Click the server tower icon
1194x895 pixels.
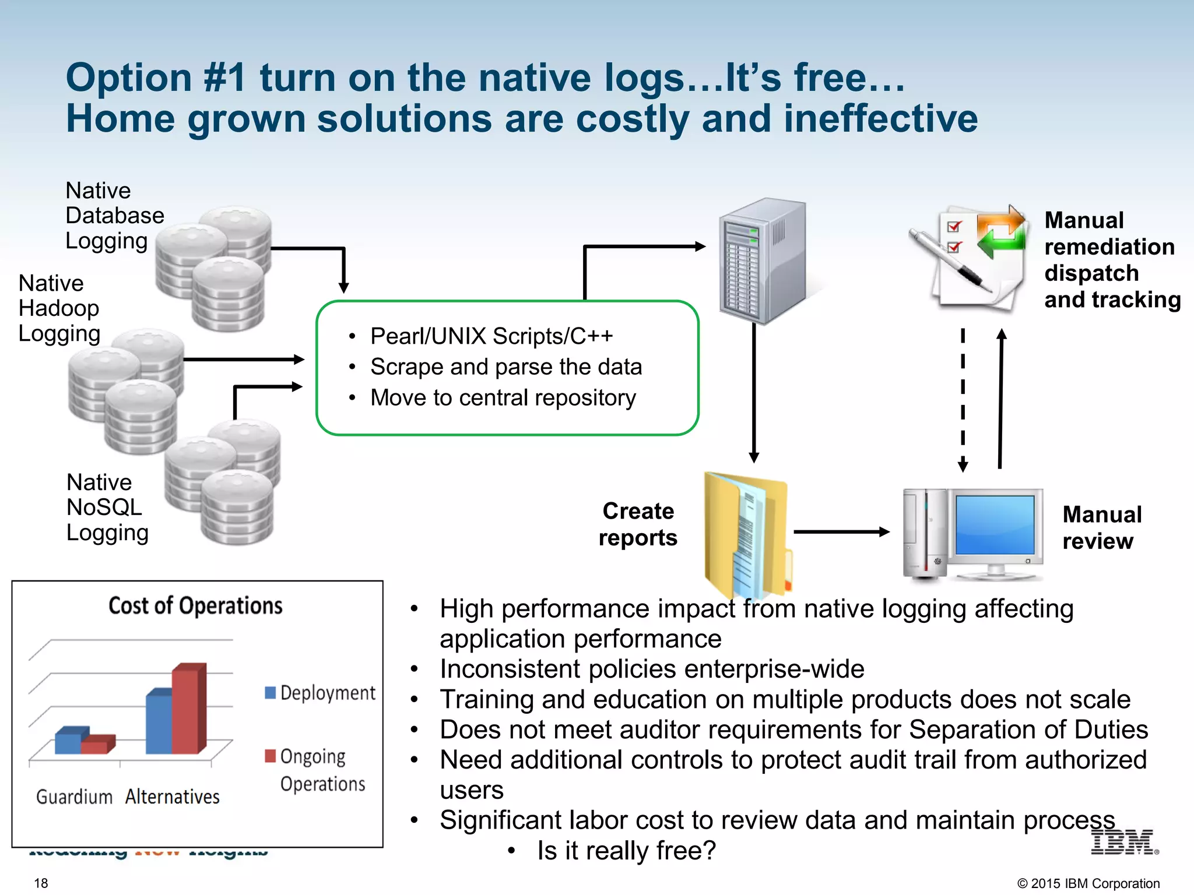[x=763, y=261]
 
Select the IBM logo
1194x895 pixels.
[x=1123, y=843]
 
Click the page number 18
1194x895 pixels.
[x=41, y=883]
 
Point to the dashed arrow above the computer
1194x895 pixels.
[x=963, y=400]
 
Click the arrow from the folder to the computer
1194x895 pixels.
[x=841, y=531]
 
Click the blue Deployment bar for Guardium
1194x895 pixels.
[x=69, y=741]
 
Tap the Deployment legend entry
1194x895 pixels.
[x=321, y=693]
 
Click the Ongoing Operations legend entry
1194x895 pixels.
[x=315, y=769]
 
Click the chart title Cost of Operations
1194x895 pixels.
[x=195, y=606]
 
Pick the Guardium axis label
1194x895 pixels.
[x=74, y=797]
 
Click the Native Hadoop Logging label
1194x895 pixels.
[x=58, y=308]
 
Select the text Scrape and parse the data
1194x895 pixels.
[x=505, y=367]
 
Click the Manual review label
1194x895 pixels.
[x=1101, y=527]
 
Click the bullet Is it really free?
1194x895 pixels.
[x=626, y=851]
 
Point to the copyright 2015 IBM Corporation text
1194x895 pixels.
[x=1088, y=883]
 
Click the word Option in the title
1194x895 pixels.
[x=129, y=78]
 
